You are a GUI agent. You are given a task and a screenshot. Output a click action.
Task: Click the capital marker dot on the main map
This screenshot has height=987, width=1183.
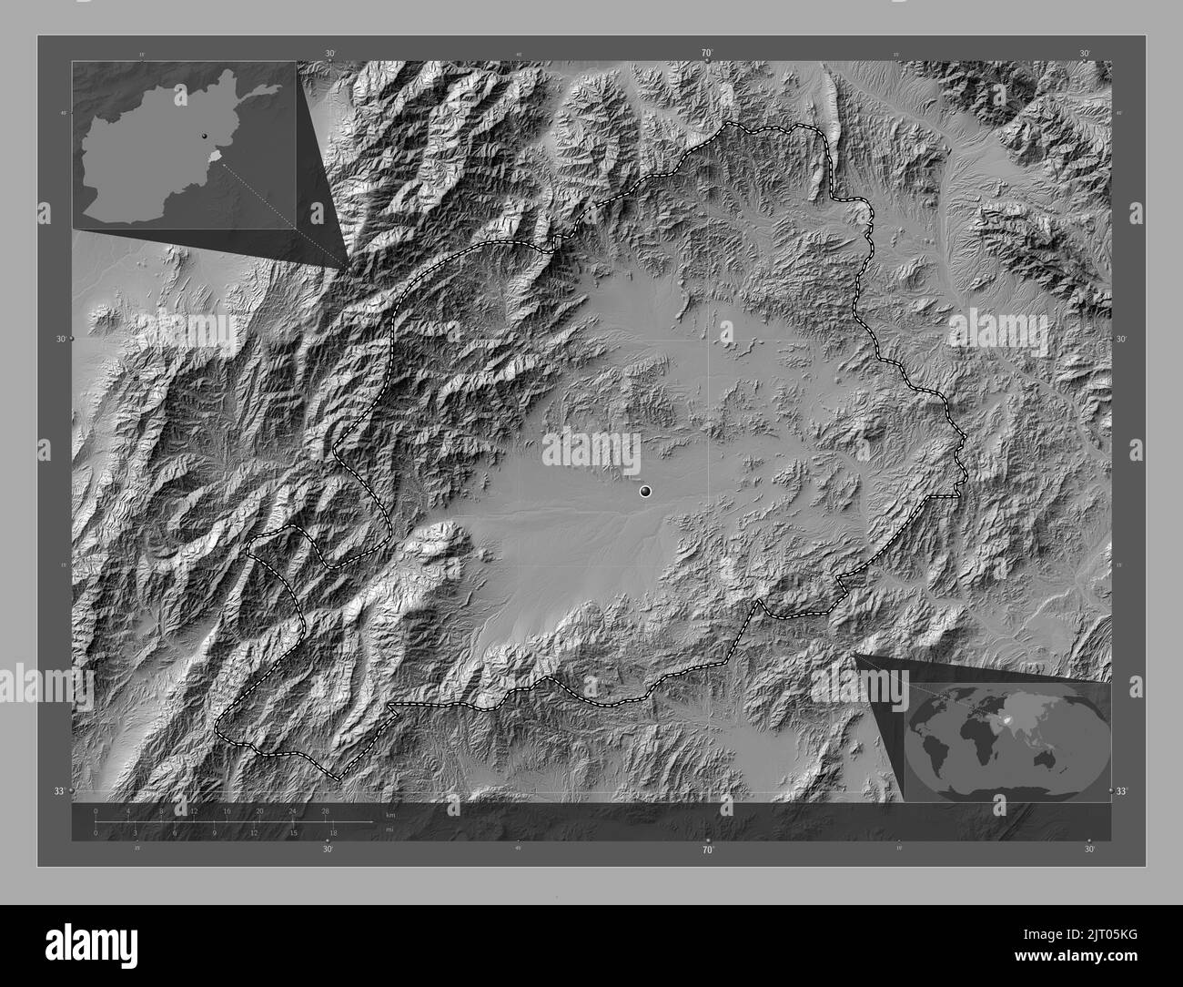point(645,492)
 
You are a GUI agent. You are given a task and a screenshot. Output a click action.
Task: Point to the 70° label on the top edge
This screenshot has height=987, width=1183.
point(707,54)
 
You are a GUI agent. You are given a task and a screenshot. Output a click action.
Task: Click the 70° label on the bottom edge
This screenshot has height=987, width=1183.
point(707,850)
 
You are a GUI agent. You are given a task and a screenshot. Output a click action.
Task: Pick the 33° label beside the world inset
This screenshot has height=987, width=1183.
point(1121,791)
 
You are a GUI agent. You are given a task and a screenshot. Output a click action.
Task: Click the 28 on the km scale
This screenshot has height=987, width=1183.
point(325,810)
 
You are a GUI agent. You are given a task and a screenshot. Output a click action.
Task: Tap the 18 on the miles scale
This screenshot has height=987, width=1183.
point(334,832)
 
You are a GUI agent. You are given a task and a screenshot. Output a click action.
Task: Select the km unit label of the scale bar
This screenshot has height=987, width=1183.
point(390,814)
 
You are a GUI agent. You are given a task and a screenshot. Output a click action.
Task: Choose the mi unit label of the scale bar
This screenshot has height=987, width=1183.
point(389,829)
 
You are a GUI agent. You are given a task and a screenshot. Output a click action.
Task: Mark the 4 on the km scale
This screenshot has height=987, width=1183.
point(128,810)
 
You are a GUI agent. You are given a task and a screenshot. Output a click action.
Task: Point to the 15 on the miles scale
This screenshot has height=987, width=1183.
point(294,832)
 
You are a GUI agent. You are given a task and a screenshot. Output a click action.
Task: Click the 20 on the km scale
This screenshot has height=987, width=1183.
point(259,810)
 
